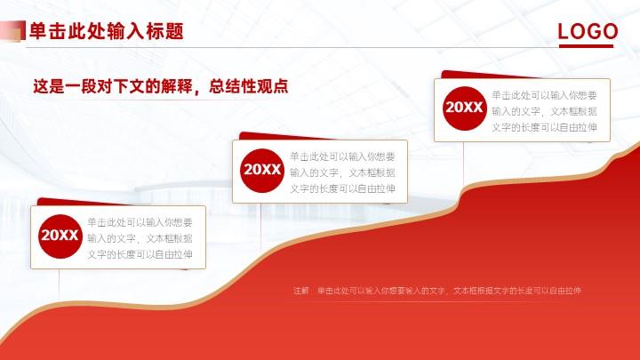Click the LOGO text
tap(588, 31)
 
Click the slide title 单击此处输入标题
tap(107, 31)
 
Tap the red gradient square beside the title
tap(12, 31)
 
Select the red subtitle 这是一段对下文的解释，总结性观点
tap(160, 86)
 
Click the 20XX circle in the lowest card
tap(60, 236)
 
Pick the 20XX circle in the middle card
tap(262, 170)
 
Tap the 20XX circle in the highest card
tap(465, 108)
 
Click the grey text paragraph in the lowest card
tap(140, 238)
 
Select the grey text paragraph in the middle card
tap(342, 172)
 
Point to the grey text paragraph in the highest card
tap(544, 111)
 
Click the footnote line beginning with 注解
tap(436, 291)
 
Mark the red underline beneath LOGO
tap(586, 45)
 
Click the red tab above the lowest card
tap(82, 202)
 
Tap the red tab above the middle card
tap(282, 136)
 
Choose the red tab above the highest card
tap(485, 75)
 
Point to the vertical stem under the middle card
tap(261, 226)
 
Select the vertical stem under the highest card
tap(464, 165)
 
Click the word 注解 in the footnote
tap(301, 291)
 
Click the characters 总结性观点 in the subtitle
tap(249, 86)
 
